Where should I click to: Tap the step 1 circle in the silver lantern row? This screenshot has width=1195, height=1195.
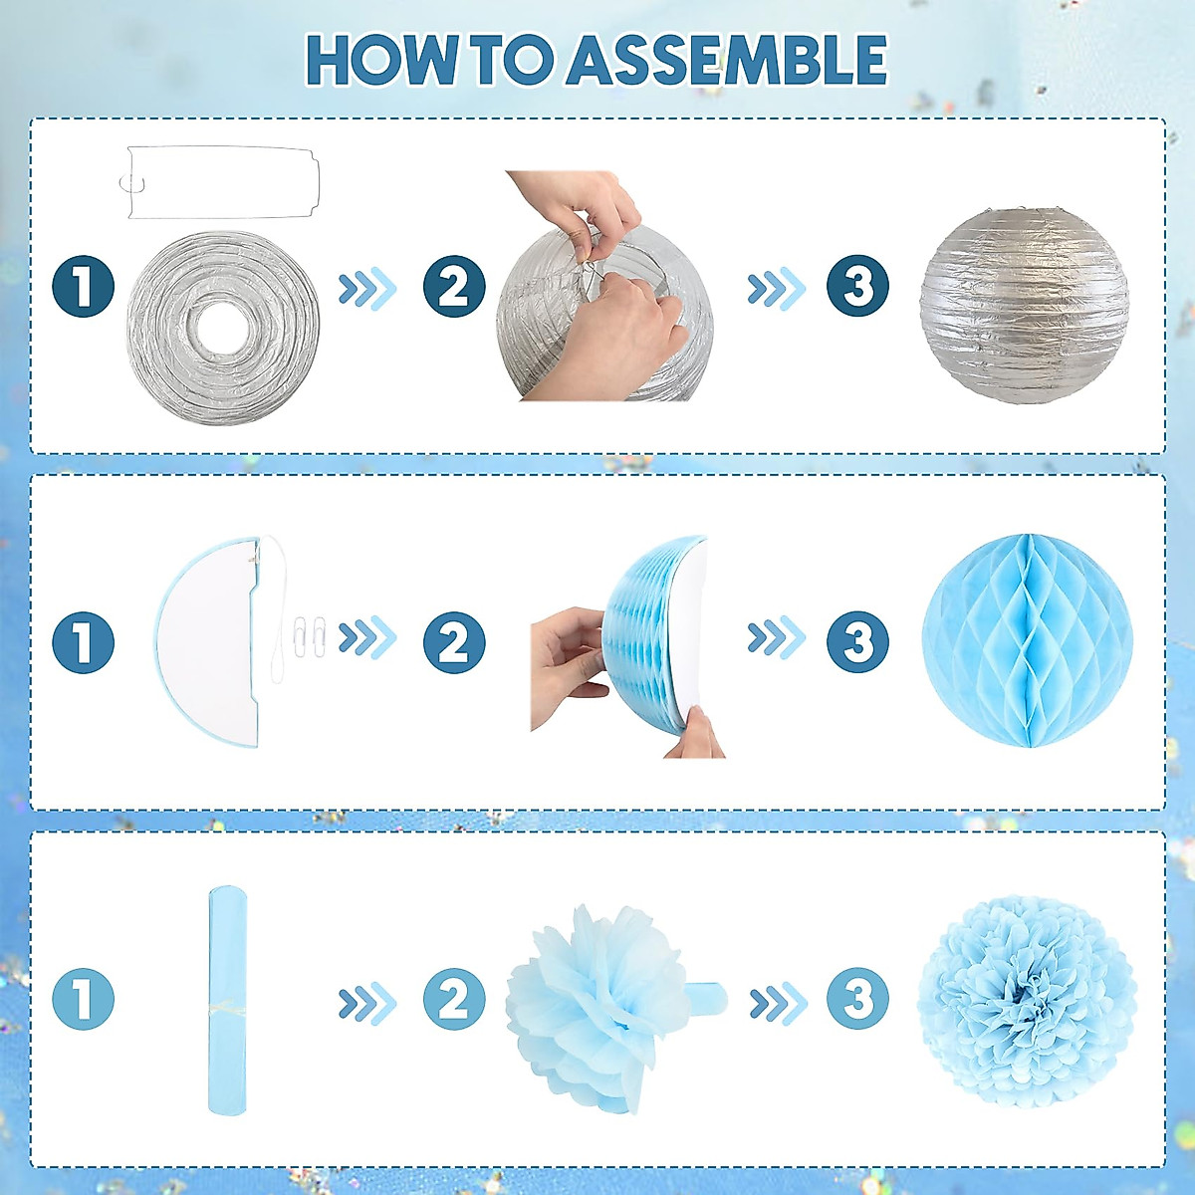(84, 287)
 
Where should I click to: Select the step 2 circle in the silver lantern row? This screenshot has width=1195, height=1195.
(454, 287)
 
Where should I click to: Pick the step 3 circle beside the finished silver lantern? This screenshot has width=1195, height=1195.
(857, 287)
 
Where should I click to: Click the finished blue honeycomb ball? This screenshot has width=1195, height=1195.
(1027, 640)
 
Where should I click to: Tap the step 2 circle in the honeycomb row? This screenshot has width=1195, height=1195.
(454, 642)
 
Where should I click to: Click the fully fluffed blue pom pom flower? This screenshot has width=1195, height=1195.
(1027, 999)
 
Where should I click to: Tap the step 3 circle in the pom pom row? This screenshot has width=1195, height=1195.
(857, 999)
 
